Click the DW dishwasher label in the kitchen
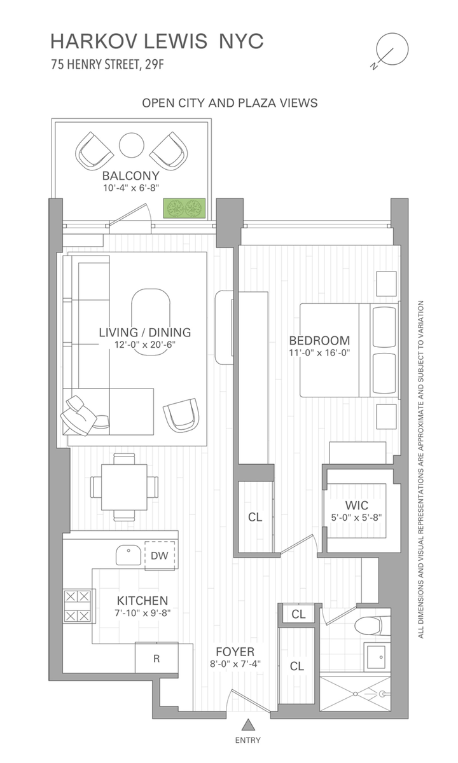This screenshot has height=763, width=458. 160,556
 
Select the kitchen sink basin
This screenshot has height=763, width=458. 128,555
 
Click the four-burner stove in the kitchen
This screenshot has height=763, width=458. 78,606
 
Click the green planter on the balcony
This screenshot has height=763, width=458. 184,208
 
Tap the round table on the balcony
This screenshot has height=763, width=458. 131,145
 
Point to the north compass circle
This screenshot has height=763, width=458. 392,49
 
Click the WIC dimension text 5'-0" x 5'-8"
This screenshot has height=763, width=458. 356,518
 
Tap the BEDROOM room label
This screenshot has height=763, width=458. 319,340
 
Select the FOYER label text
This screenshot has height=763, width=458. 235,651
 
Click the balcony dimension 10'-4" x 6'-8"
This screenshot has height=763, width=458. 131,188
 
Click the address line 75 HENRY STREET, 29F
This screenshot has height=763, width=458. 108,64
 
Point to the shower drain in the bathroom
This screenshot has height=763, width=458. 356,694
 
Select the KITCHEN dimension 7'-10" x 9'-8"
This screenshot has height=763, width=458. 142,613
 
